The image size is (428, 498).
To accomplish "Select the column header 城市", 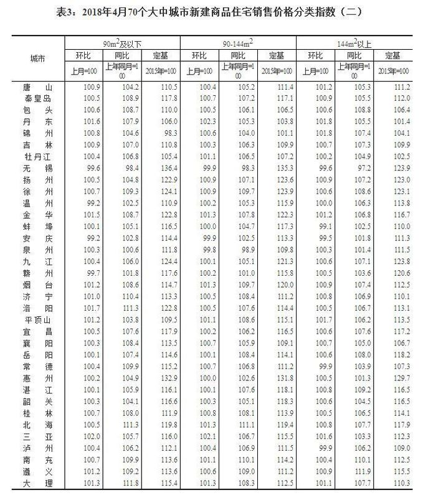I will pyautogui.click(x=37, y=59).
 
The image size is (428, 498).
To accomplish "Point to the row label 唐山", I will pyautogui.click(x=36, y=88).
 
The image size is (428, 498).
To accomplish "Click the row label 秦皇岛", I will pyautogui.click(x=36, y=98).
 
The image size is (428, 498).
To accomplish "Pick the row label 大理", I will pyautogui.click(x=36, y=483).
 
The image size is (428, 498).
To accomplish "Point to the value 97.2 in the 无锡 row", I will pyautogui.click(x=355, y=167).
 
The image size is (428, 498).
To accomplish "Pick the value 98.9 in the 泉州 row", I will pyautogui.click(x=239, y=249).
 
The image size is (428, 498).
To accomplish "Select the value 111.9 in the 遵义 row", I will pyautogui.click(x=355, y=471).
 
